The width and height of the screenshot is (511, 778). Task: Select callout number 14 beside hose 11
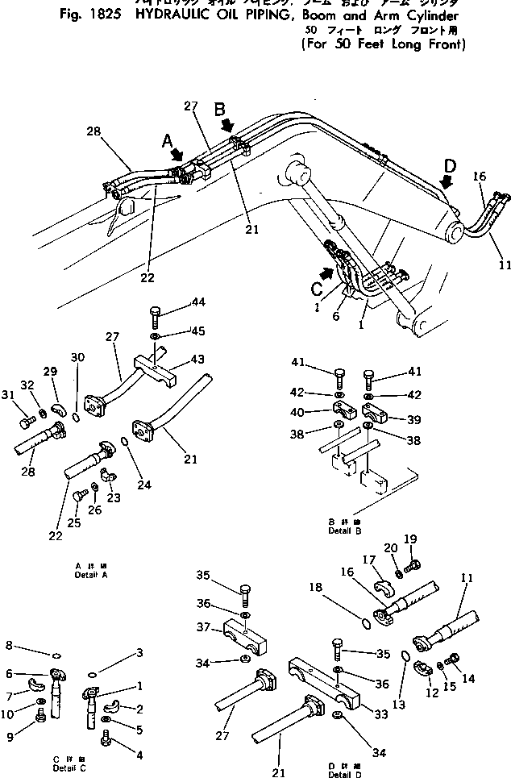(467, 678)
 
